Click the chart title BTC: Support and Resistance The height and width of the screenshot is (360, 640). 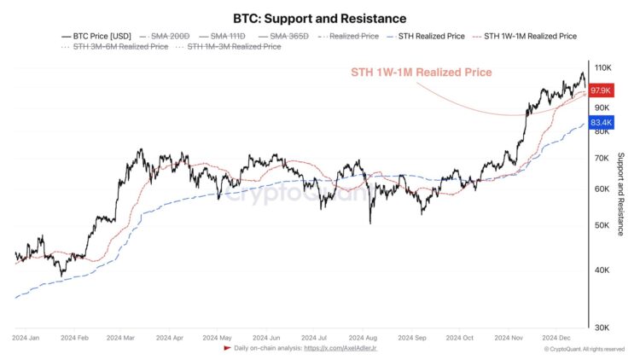pos(320,18)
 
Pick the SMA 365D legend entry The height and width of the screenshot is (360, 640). pos(286,37)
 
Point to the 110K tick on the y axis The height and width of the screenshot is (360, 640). pos(603,67)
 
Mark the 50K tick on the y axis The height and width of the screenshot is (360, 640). pos(602,226)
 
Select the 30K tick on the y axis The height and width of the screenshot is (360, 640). pos(602,328)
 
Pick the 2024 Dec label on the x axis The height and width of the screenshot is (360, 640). pos(556,338)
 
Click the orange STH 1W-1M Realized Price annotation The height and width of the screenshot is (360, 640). pos(422,73)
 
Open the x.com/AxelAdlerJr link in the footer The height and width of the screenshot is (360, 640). pos(340,349)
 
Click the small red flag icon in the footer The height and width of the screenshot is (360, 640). pos(226,349)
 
